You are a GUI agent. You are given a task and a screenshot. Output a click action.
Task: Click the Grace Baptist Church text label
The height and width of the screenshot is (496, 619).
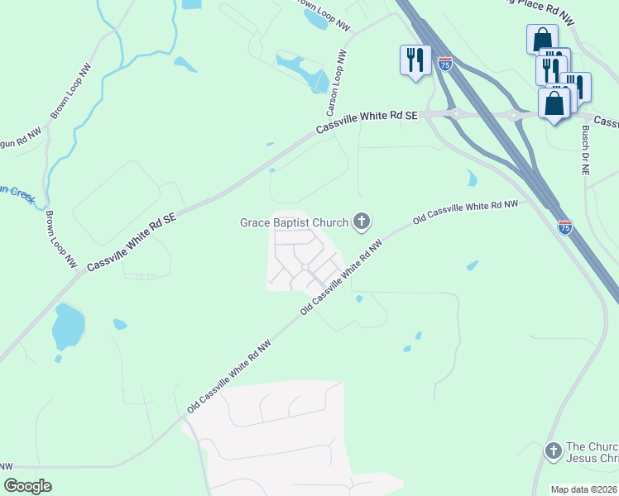pos(294,222)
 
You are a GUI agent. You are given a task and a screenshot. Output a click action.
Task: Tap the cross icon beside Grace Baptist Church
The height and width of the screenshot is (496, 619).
pos(361,221)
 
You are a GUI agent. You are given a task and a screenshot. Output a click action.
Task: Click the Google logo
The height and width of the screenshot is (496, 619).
pos(27,486)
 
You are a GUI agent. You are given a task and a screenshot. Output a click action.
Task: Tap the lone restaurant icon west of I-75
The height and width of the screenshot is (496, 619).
pos(415,60)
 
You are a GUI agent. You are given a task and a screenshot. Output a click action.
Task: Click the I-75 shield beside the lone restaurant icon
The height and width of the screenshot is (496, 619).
pos(445,64)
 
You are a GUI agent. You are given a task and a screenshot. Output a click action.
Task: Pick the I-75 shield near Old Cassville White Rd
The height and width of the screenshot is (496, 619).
pos(565,226)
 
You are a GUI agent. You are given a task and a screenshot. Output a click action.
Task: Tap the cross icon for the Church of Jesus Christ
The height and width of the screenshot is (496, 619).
pos(553,451)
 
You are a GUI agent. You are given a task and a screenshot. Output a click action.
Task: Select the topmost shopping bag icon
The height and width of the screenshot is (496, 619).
pos(541,38)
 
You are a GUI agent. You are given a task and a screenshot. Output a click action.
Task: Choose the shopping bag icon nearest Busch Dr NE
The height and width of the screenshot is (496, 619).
pos(554,104)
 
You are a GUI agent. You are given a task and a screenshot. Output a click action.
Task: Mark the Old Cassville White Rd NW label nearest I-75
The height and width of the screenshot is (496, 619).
pos(465,210)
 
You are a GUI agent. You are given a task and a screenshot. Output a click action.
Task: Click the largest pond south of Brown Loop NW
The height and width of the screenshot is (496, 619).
pos(68,327)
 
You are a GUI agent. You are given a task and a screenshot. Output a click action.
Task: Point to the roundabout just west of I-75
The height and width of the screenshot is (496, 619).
pos(455,113)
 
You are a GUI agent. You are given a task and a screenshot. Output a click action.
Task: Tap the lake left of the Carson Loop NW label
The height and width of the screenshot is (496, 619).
pos(303,71)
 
